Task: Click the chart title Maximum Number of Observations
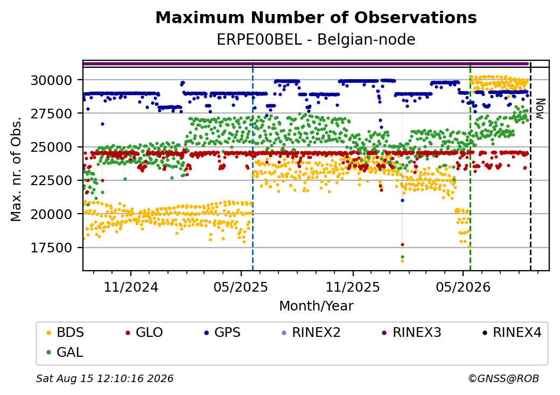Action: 316,17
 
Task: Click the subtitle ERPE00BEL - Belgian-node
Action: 316,40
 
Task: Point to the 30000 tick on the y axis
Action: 52,80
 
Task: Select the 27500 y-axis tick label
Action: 52,114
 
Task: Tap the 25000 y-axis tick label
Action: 52,147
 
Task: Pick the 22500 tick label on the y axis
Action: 52,181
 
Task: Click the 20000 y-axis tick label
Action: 52,214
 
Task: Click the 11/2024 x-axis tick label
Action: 131,287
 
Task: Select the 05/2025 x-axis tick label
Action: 241,287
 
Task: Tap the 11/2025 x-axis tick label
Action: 353,287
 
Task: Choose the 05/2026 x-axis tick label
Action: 463,287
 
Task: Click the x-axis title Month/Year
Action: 316,306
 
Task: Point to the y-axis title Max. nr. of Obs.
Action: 16,169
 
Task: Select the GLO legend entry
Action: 144,333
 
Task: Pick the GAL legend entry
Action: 65,352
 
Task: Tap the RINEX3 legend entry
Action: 412,333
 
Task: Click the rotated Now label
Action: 541,109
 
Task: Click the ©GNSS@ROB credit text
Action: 503,378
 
